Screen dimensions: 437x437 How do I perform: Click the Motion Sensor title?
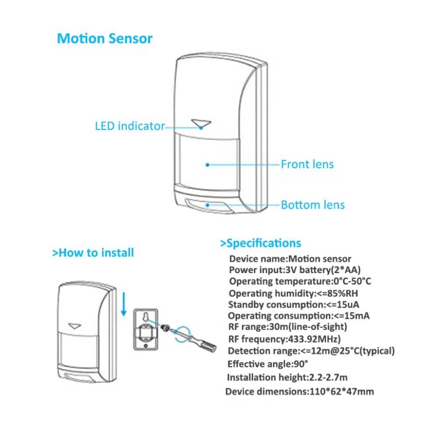(105, 39)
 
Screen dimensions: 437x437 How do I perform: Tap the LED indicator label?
(130, 126)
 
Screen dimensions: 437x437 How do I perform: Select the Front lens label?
(307, 164)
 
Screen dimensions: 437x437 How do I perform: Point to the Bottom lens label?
(312, 205)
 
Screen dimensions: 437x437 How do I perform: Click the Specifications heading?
(260, 243)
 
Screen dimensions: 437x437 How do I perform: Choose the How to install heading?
(92, 252)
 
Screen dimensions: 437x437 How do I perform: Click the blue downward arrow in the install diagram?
(124, 304)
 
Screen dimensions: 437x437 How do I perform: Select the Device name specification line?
(290, 259)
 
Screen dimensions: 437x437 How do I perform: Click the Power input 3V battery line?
(294, 270)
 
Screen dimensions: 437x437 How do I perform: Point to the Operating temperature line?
(300, 281)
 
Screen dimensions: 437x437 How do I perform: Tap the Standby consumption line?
(293, 304)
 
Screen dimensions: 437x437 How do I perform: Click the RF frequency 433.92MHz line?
(284, 339)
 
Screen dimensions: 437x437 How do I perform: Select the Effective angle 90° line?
(268, 363)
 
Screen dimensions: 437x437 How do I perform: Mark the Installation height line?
(287, 377)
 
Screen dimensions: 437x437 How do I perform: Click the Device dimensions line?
(299, 391)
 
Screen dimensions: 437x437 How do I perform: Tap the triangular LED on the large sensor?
(202, 123)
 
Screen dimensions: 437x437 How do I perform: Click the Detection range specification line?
(310, 351)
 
